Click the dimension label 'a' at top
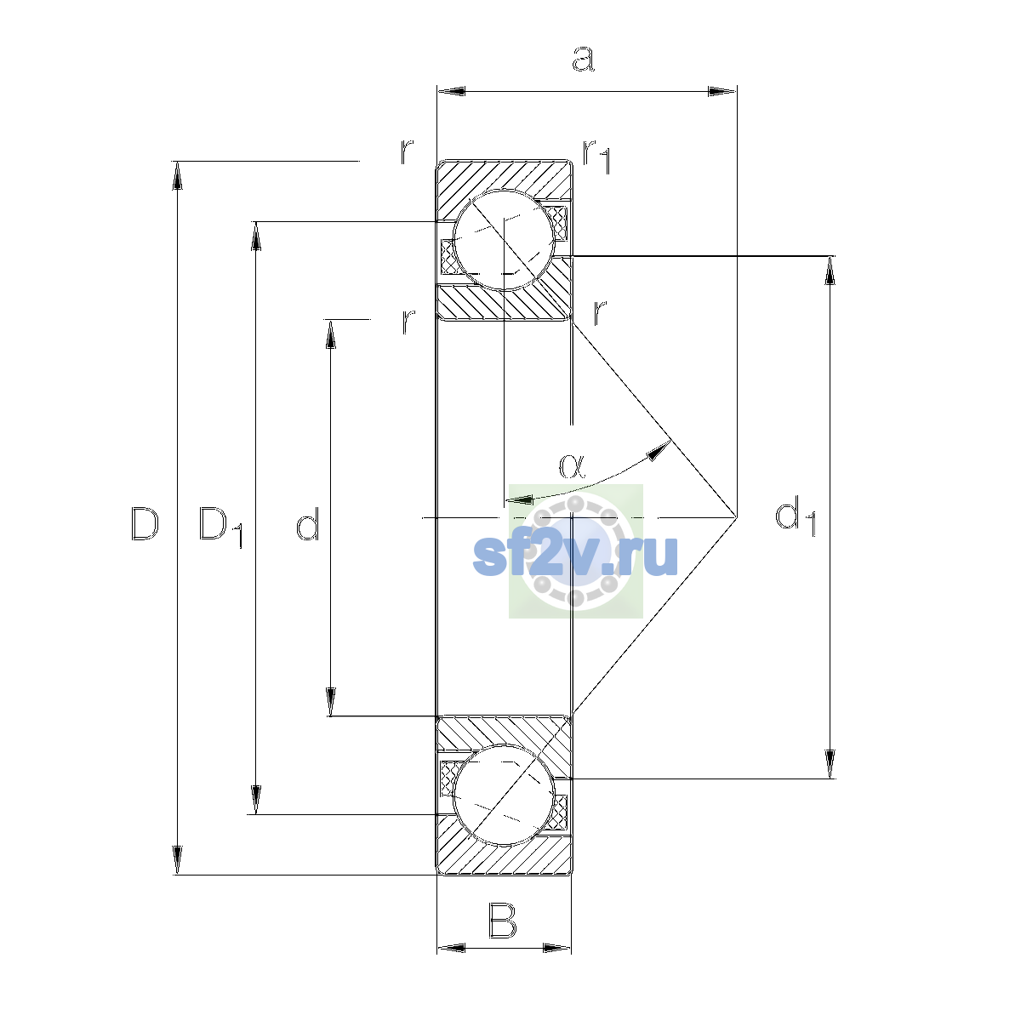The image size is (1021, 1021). point(584,59)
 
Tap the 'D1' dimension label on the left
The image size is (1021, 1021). point(221,527)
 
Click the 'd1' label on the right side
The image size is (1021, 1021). point(796,516)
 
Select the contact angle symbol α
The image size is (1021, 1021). point(573,466)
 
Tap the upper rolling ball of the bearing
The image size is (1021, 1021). point(504,240)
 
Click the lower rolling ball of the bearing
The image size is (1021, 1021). point(504,795)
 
